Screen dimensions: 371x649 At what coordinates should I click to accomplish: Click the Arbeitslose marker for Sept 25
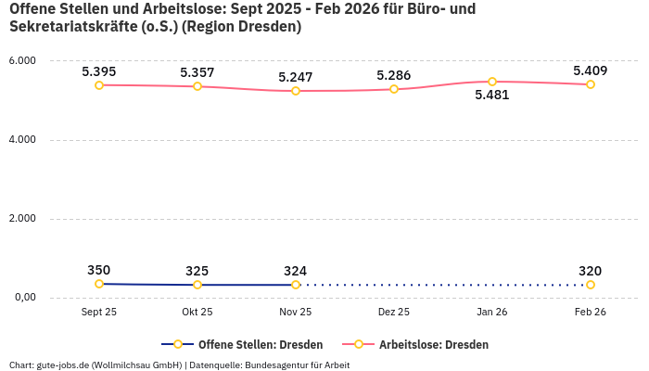click(99, 85)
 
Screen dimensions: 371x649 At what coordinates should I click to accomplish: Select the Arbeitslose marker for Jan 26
click(492, 82)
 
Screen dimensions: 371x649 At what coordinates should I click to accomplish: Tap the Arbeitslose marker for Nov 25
click(296, 91)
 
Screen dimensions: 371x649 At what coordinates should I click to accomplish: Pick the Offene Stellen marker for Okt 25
click(197, 285)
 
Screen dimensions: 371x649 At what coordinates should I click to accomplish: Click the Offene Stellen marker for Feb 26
click(591, 285)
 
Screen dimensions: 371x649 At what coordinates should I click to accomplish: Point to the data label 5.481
click(492, 95)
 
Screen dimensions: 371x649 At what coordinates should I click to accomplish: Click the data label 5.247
click(296, 77)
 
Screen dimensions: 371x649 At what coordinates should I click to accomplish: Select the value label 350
click(99, 270)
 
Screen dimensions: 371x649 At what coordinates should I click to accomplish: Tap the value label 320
click(591, 271)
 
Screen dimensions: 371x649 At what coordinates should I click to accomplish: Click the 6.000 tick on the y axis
click(22, 61)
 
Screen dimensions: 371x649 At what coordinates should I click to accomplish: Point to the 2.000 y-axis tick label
click(22, 219)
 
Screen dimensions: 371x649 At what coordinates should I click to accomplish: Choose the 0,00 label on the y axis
click(23, 298)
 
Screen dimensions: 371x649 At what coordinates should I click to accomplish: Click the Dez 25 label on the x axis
click(394, 313)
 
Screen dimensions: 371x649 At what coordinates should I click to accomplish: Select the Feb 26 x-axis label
click(591, 313)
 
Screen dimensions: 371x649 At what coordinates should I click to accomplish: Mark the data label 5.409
click(591, 70)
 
